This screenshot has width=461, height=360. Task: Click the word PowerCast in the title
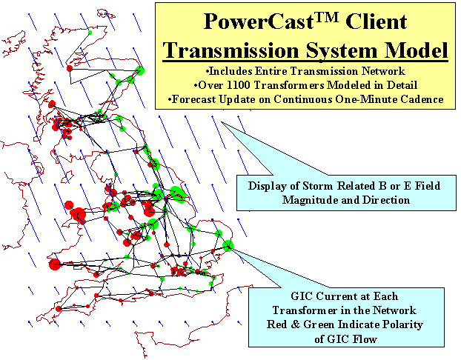pyautogui.click(x=259, y=21)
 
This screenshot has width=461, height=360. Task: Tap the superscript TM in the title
pyautogui.click(x=326, y=17)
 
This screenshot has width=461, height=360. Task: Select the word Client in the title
pyautogui.click(x=377, y=21)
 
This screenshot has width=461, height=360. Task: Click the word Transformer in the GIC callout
pyautogui.click(x=305, y=310)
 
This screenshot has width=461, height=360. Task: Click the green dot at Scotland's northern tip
pyautogui.click(x=90, y=33)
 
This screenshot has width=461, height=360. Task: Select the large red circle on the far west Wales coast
pyautogui.click(x=55, y=264)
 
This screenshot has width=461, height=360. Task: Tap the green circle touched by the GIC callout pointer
pyautogui.click(x=228, y=246)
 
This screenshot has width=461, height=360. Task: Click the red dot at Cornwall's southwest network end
pyautogui.click(x=59, y=309)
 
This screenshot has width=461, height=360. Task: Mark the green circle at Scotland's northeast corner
pyautogui.click(x=139, y=71)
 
